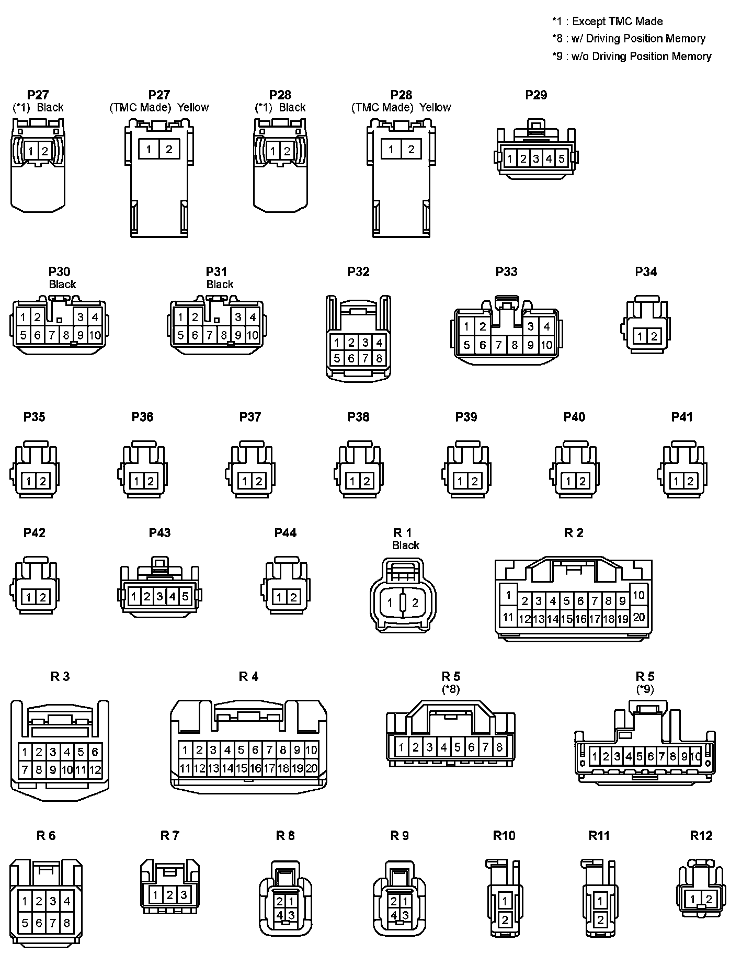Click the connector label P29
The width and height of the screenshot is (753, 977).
(x=536, y=95)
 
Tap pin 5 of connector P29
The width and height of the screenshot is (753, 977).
(x=561, y=158)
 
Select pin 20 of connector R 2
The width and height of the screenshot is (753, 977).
(x=638, y=617)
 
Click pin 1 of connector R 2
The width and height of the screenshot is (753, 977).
(x=508, y=595)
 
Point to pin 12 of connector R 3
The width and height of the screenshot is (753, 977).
(x=95, y=770)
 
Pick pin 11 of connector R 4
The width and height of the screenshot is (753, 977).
(x=185, y=768)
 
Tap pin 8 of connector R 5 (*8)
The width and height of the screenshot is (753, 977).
(x=499, y=747)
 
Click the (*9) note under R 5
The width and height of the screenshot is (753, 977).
(x=645, y=689)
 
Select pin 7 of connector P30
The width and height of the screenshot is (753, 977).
(x=52, y=335)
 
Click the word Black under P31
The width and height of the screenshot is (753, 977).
(x=220, y=284)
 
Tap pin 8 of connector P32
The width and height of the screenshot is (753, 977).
(x=379, y=358)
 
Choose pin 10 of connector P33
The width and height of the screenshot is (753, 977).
(x=546, y=345)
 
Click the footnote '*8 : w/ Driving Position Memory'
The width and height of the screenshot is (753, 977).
(x=629, y=39)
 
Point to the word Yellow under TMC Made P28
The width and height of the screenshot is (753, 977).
(x=435, y=107)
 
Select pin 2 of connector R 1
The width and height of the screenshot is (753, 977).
(x=415, y=603)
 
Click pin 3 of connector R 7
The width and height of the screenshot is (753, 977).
(x=184, y=895)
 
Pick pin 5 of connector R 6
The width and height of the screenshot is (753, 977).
(x=25, y=923)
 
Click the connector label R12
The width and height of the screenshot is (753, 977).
(x=701, y=835)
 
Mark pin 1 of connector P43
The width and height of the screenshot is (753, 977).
(x=134, y=596)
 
